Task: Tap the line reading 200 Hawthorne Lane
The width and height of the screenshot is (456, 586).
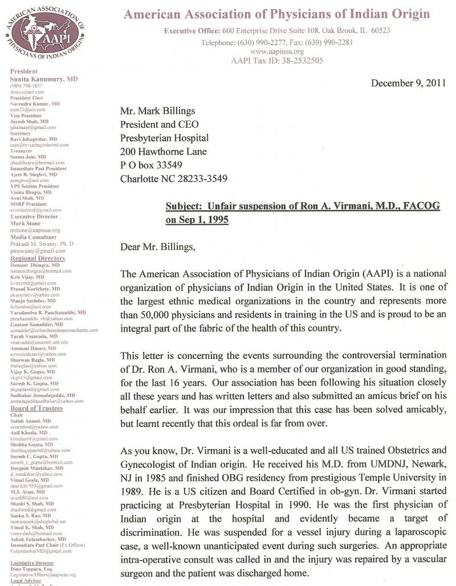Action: pyautogui.click(x=164, y=152)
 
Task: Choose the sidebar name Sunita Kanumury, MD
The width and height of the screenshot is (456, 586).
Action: pyautogui.click(x=44, y=79)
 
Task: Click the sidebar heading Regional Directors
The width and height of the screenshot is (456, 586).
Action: pyautogui.click(x=38, y=258)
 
